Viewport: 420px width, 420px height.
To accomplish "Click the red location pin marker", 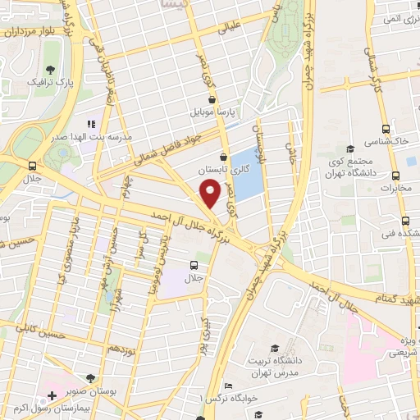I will coord(211,193).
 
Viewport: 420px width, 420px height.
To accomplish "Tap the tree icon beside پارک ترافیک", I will coord(51,70).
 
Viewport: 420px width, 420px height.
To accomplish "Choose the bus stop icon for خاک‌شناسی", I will coord(386,129).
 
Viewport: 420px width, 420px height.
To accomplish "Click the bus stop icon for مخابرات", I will coord(395,175).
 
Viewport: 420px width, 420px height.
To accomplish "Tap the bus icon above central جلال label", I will coord(194,264).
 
